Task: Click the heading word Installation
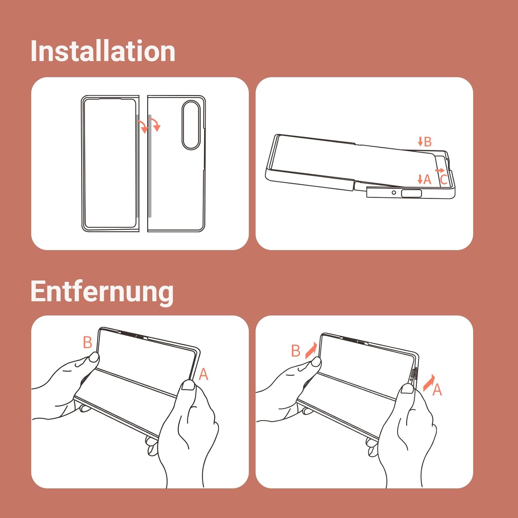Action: coord(103,51)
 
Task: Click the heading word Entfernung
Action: coord(102,292)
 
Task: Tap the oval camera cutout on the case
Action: coord(191,125)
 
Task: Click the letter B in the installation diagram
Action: coord(428,142)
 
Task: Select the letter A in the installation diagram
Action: coord(427,179)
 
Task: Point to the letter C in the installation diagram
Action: coord(444,180)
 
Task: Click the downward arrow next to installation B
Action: coord(420,141)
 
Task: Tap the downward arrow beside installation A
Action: coord(420,179)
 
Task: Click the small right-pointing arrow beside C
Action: coord(440,171)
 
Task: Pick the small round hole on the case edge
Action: coord(394,192)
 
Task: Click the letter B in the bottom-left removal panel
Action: coord(88,343)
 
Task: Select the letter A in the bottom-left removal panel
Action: coord(203,374)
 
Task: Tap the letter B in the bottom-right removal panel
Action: coord(296,351)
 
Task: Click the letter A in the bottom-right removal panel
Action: coord(437,390)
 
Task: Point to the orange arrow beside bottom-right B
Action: coord(311,350)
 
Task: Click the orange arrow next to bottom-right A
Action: coord(429,383)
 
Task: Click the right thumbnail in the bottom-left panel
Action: coord(189,385)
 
